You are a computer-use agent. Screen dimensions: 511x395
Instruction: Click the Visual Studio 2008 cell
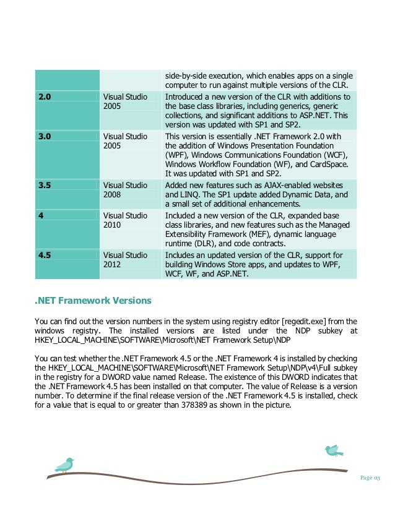[124, 189]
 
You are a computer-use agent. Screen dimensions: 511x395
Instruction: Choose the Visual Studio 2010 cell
[124, 220]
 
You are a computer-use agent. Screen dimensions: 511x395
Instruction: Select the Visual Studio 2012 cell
[124, 259]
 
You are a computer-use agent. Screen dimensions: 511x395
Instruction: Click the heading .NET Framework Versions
[93, 301]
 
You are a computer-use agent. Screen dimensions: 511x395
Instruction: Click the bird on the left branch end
[64, 464]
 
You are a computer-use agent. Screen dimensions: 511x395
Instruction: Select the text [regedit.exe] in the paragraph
[285, 322]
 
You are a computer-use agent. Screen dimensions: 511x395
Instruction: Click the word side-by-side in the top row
[186, 75]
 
